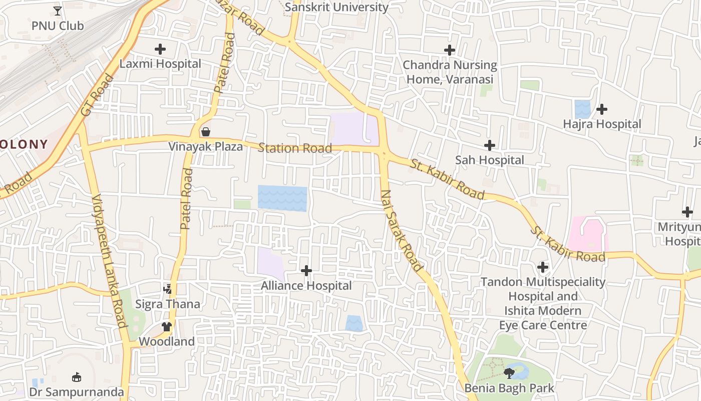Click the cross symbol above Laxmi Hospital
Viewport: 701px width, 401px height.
pos(160,49)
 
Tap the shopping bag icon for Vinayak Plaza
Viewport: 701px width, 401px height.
pos(205,132)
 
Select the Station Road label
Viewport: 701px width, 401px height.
pos(294,148)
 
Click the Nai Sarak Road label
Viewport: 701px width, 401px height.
pos(402,231)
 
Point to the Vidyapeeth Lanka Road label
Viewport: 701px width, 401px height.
pos(109,261)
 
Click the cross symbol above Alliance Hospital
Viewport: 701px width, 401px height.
pos(306,271)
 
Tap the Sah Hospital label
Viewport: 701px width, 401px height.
pos(489,160)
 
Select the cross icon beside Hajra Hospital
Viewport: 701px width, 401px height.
pos(602,109)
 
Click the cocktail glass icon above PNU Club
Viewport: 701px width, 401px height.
pos(58,11)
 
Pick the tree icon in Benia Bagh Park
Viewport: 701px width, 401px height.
pos(509,373)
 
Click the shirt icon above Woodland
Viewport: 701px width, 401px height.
pos(167,327)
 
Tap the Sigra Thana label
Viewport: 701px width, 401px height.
pos(168,304)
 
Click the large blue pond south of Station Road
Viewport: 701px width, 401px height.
pos(282,198)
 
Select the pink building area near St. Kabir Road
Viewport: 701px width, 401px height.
pos(587,234)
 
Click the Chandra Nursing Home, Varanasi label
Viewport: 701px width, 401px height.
pos(450,72)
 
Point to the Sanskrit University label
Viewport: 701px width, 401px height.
pos(336,7)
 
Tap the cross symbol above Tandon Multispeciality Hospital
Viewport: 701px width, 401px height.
pos(543,267)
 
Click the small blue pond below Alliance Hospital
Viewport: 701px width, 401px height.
pos(354,323)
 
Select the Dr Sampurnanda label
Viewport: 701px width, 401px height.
pos(76,391)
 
